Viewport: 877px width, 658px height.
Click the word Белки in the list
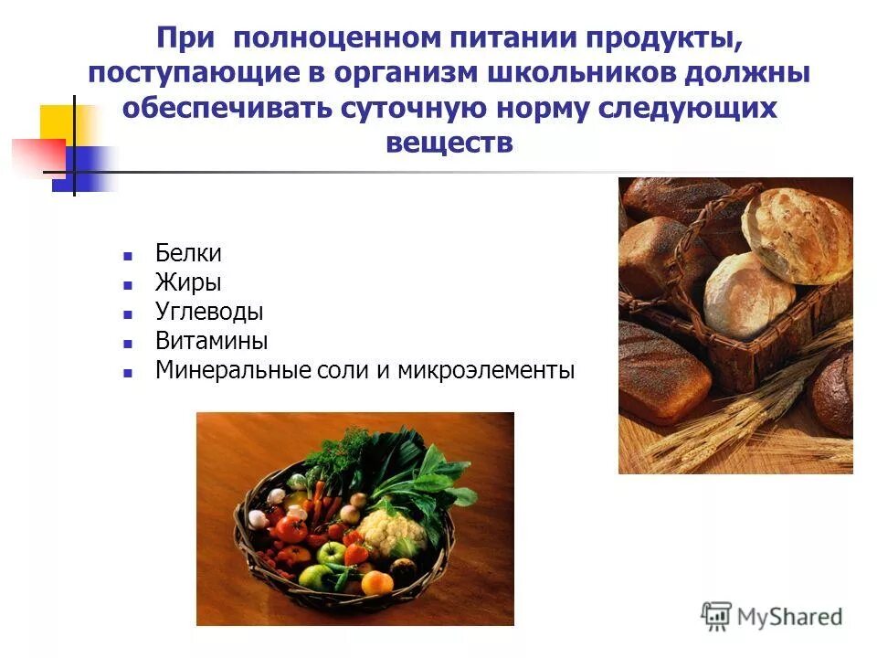pyautogui.click(x=188, y=253)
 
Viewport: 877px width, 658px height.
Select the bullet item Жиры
pyautogui.click(x=188, y=282)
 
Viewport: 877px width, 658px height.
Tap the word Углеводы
pyautogui.click(x=209, y=312)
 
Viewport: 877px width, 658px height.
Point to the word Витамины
pyautogui.click(x=211, y=341)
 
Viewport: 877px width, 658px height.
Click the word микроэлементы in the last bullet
pyautogui.click(x=486, y=371)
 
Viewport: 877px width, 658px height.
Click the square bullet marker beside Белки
pyautogui.click(x=129, y=255)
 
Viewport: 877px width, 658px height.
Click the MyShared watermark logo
pyautogui.click(x=772, y=615)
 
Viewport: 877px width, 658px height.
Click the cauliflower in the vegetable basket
pyautogui.click(x=391, y=529)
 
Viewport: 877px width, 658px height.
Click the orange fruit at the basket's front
pyautogui.click(x=376, y=582)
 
